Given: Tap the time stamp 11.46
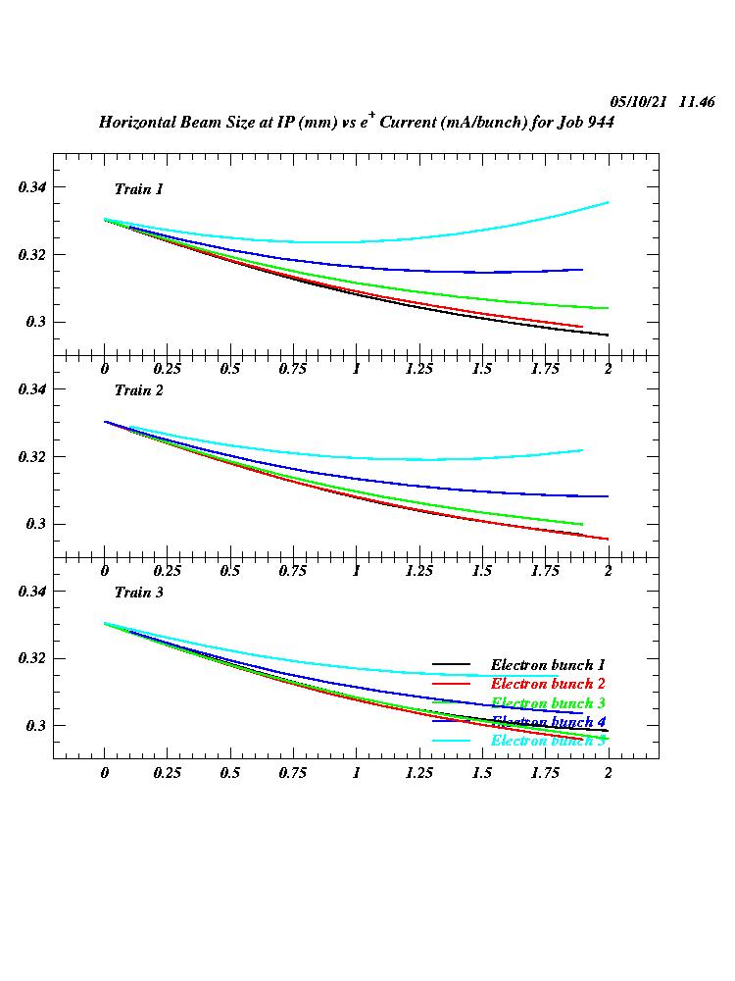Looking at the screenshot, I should point(697,102).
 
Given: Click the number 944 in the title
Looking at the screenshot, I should point(621,123).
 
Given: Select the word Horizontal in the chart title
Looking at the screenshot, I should point(139,123).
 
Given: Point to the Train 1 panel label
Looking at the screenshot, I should point(139,188).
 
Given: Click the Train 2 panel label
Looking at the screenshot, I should point(139,390).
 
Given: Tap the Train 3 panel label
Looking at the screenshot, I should point(139,593).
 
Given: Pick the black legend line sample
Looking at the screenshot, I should point(451,665).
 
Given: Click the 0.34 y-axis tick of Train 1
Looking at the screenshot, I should point(32,187).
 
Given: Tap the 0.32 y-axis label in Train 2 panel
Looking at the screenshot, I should point(32,457).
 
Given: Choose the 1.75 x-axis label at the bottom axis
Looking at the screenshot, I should point(545,772).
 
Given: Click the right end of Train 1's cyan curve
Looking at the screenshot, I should point(609,202).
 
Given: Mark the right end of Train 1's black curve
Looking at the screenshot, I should point(609,336).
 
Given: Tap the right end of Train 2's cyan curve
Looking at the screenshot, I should point(583,450).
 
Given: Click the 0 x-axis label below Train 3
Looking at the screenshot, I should point(105,772).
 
